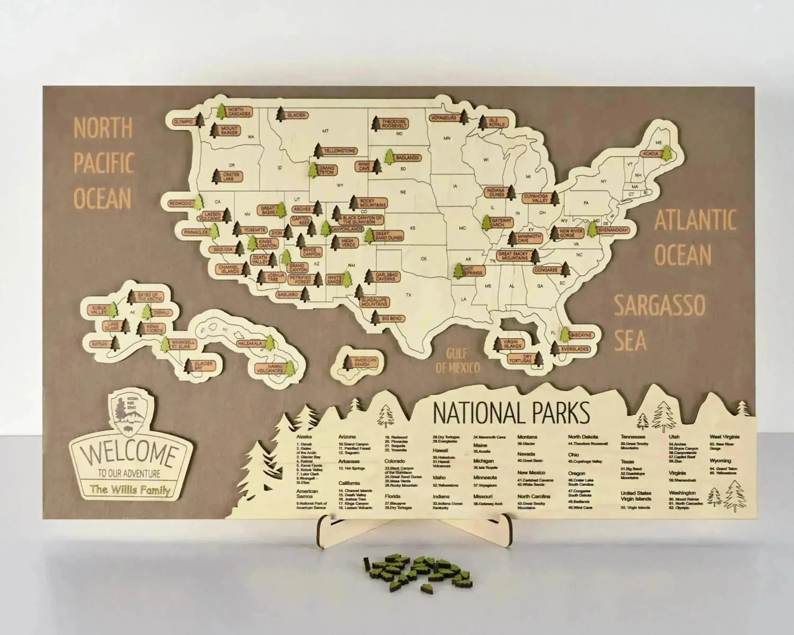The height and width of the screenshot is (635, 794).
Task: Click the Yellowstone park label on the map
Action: point(340,151)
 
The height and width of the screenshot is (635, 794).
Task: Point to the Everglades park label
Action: point(575,349)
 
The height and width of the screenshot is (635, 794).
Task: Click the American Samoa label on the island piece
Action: point(365,362)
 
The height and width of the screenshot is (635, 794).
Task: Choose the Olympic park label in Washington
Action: point(183,121)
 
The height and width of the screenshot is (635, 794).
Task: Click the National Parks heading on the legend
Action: point(511,413)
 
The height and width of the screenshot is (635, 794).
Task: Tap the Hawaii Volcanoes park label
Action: point(270,369)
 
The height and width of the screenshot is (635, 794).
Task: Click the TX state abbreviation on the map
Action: point(408,295)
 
